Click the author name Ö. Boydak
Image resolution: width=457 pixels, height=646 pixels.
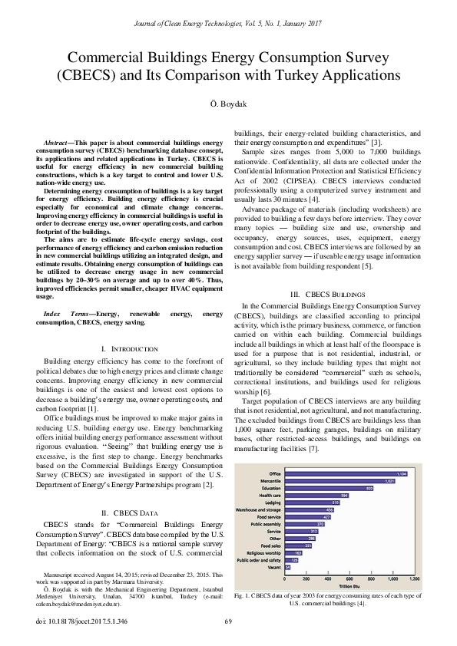[x=228, y=104]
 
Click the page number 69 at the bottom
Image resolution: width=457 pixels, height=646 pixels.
[x=228, y=621]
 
